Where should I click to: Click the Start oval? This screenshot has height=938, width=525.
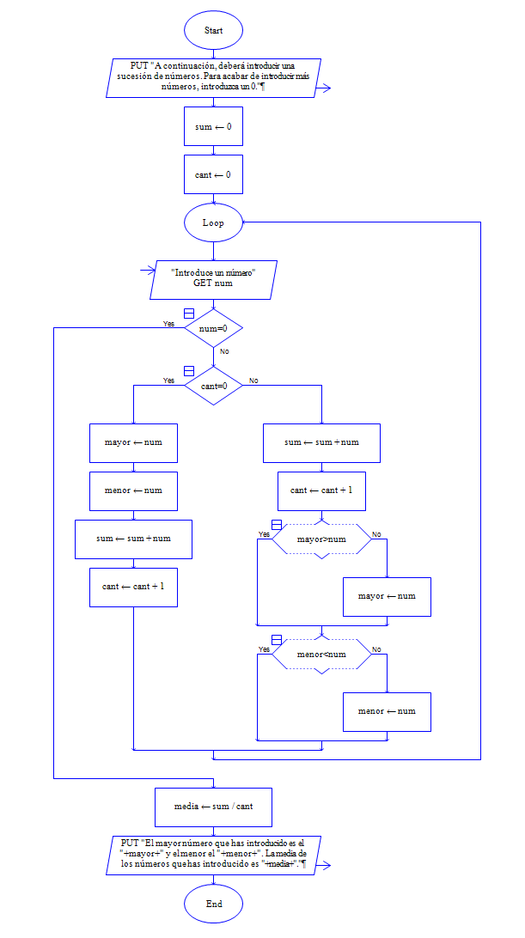pos(213,30)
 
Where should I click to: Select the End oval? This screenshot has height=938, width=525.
pos(213,904)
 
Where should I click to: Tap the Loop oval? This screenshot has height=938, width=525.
pos(213,222)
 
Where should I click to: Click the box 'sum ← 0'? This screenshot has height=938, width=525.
pos(213,126)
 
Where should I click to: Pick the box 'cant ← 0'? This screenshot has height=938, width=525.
pos(213,174)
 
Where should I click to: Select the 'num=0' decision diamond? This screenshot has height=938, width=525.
pos(213,328)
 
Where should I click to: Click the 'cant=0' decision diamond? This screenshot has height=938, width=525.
pos(213,386)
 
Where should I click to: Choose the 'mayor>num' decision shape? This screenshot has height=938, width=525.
pos(321,540)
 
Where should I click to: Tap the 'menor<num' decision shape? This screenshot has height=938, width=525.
pos(321,655)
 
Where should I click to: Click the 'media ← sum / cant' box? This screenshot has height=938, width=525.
pos(213,807)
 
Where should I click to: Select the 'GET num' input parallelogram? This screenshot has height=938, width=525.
pos(213,277)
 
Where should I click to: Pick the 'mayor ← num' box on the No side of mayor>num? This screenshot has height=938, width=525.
pos(387,597)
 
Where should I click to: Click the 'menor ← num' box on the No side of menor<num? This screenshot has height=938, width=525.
pos(387,711)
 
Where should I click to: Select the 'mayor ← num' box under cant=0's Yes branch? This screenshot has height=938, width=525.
pos(133,443)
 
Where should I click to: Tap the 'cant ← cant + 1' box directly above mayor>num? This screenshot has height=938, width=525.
pos(321,490)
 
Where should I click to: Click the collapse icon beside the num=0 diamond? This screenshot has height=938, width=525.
pos(189,313)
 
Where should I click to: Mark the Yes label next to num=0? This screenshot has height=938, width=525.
pos(168,324)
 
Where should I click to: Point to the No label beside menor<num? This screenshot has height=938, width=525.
pos(376,649)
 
